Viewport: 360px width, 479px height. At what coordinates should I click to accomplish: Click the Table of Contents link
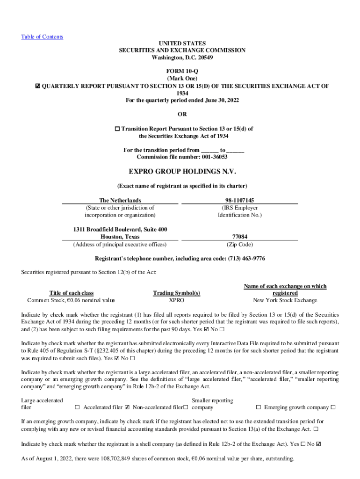(42, 37)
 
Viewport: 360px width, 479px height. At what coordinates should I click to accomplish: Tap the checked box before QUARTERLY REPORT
(38, 86)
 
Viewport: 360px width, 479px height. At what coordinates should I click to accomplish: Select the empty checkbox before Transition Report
(117, 129)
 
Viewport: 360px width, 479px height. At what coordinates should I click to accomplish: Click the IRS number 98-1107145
(239, 200)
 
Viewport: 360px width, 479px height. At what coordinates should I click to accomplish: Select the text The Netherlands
(120, 200)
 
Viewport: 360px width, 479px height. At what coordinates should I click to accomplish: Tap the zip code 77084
(239, 237)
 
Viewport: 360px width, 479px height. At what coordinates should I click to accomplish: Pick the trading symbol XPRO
(177, 300)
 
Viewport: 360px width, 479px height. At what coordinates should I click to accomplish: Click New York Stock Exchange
(285, 300)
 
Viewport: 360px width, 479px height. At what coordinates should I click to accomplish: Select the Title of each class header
(72, 293)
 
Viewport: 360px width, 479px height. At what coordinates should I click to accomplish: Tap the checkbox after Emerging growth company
(333, 407)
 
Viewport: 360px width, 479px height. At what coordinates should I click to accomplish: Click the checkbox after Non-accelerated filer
(186, 407)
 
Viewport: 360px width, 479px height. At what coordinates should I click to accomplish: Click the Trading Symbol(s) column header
(177, 293)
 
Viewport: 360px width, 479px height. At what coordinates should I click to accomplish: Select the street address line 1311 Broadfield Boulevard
(120, 229)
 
